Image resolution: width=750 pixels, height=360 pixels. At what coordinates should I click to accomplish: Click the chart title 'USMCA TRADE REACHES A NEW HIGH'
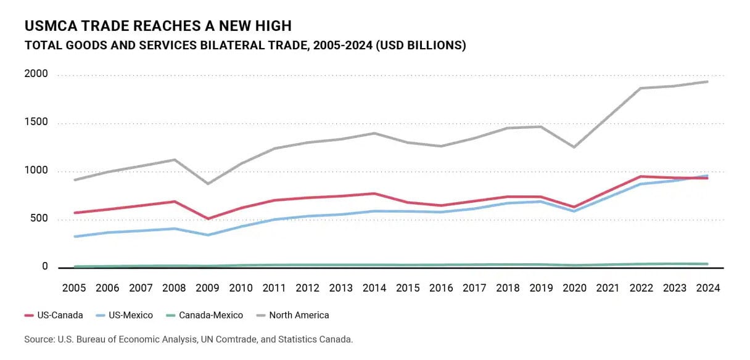tap(158, 26)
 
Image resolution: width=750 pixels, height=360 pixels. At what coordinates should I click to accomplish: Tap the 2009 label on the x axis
tap(207, 288)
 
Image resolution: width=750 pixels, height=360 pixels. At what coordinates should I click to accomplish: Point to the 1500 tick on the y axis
tap(36, 122)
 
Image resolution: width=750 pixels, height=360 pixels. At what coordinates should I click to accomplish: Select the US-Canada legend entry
tap(54, 315)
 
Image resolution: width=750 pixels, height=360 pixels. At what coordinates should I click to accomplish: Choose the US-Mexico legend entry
tap(124, 315)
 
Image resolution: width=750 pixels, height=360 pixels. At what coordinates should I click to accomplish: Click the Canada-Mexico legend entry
tap(205, 315)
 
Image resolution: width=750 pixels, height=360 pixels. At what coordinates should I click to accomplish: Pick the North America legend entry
tap(292, 315)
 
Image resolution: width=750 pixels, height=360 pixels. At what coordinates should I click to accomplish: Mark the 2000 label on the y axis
tap(36, 73)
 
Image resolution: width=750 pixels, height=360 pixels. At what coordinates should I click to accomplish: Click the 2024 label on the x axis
tap(708, 288)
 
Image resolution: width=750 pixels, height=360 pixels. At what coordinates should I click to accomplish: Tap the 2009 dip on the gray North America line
tap(208, 184)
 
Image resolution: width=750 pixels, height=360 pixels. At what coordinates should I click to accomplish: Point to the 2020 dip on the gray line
tap(574, 147)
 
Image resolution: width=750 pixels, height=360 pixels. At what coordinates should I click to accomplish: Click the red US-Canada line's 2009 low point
tap(208, 219)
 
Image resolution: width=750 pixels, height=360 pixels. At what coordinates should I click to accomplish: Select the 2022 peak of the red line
tap(641, 176)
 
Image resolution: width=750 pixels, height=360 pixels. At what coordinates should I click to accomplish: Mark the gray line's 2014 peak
tap(374, 133)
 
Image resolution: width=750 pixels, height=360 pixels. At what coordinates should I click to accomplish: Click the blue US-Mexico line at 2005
tap(75, 237)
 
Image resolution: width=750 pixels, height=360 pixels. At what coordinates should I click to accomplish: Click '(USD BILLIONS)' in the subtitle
tap(421, 45)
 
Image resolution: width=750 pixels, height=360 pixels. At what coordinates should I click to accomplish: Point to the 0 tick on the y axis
tap(45, 266)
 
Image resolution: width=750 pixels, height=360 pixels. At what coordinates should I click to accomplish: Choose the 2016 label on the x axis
tap(441, 288)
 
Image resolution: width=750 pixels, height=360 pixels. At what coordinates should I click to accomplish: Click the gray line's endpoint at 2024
tap(707, 81)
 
